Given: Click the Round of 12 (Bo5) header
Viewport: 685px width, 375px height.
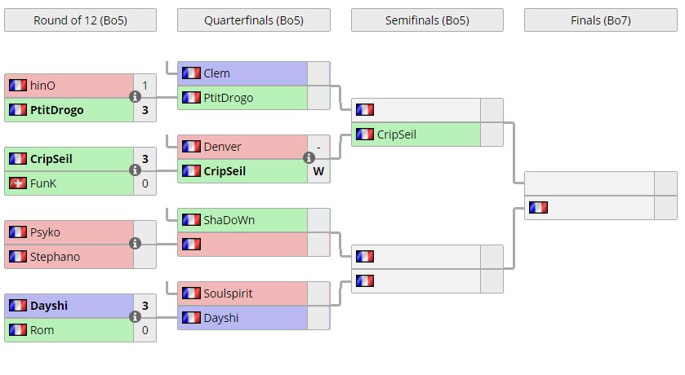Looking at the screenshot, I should pyautogui.click(x=80, y=20).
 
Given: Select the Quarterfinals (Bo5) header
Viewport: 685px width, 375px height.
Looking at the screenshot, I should pyautogui.click(x=253, y=20).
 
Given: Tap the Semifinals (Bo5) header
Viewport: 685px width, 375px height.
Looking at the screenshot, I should pyautogui.click(x=427, y=20).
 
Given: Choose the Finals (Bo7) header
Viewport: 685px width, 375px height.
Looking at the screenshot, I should pyautogui.click(x=600, y=20).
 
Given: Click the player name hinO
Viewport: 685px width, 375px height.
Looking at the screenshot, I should pyautogui.click(x=43, y=86).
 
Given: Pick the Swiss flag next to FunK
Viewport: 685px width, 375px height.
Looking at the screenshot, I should pyautogui.click(x=17, y=183).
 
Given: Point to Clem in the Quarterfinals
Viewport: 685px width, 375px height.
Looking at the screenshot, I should pyautogui.click(x=216, y=73).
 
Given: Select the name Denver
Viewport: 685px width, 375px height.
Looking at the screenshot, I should pyautogui.click(x=222, y=147).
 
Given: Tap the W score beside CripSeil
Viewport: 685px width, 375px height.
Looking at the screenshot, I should pyautogui.click(x=318, y=171).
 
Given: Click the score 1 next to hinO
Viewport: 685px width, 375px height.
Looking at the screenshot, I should pyautogui.click(x=145, y=86).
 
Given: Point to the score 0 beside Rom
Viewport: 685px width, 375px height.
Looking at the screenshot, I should pyautogui.click(x=145, y=330).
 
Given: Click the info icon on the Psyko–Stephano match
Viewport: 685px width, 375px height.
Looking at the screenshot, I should pyautogui.click(x=136, y=244).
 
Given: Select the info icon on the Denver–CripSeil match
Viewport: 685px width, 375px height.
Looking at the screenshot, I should pyautogui.click(x=309, y=158).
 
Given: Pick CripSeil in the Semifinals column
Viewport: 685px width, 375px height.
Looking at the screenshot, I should pyautogui.click(x=396, y=135).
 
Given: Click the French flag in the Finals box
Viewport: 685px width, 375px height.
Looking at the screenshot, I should pyautogui.click(x=538, y=208).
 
